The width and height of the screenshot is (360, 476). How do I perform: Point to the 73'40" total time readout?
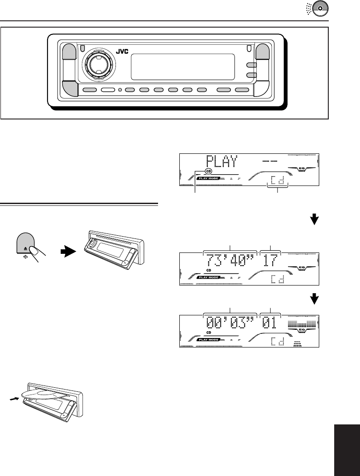coord(230,261)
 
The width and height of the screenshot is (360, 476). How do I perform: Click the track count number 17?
coord(270,261)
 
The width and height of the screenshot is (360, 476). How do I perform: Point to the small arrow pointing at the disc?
coord(15,399)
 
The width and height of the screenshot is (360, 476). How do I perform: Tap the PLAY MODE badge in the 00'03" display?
coord(209,340)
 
